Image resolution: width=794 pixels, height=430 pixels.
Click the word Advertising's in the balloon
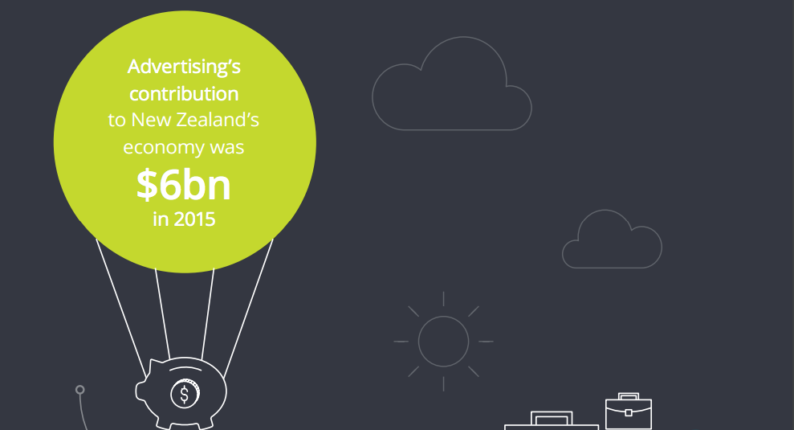coord(184,67)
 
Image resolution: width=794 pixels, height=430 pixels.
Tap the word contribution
coord(184,94)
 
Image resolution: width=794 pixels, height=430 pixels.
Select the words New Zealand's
coord(195,121)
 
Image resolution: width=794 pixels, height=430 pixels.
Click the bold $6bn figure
coord(184,185)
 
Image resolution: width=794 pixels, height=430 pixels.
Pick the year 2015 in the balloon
coord(194,219)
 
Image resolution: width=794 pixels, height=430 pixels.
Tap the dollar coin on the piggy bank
coord(185,394)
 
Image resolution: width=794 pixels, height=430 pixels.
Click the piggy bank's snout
coord(140,391)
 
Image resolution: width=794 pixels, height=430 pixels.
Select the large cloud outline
coord(452,84)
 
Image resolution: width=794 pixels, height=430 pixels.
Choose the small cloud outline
coord(612,239)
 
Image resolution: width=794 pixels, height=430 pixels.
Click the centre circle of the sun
coord(444,342)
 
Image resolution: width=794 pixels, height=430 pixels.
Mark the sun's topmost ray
coord(444,299)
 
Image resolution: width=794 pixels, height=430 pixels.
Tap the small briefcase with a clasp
coord(629,411)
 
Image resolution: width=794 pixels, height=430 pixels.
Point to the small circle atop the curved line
coord(80,390)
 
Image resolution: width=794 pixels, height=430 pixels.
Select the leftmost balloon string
coord(121,308)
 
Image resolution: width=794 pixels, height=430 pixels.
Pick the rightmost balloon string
coord(249,308)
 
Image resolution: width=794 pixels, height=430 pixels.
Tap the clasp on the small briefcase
coord(629,413)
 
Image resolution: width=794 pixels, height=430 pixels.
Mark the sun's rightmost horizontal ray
coord(487,342)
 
